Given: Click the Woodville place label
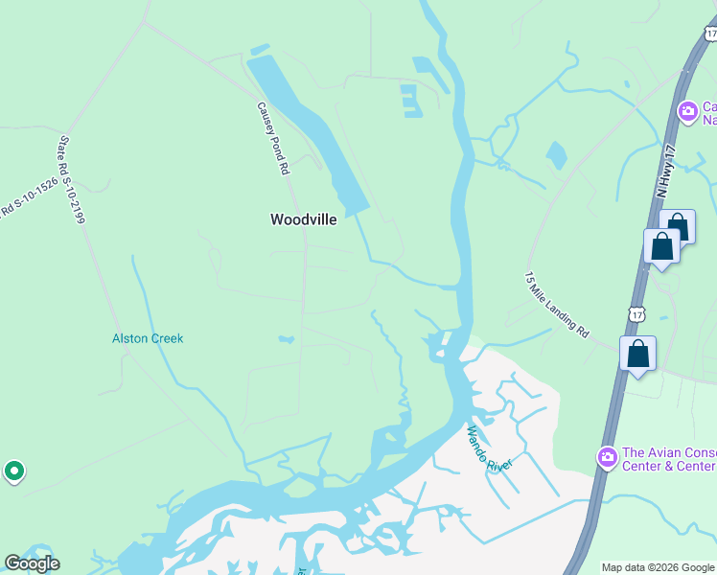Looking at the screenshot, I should pos(303,219).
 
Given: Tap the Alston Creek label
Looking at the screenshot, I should pos(148,338).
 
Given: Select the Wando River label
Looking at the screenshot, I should pos(490,448).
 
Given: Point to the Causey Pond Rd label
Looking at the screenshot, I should pos(272,139).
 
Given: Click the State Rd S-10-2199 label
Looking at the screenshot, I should pos(72,180).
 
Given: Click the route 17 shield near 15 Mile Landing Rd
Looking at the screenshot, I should pos(637,314).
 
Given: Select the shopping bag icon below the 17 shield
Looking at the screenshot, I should pos(638,356).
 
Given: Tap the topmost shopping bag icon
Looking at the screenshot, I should pos(677,228).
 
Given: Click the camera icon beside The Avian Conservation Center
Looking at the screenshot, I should pos(607,458).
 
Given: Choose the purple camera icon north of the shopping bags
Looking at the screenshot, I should pos(687,112).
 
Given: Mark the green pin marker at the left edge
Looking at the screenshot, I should pos(13,471).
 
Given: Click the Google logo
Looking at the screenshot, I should pos(32,563).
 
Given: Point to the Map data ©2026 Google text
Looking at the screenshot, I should pos(658,567).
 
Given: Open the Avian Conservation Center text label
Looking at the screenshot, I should pos(668,460).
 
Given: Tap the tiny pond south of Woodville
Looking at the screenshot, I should pos(286,339).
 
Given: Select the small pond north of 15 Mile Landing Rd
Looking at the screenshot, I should pos(556,154).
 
